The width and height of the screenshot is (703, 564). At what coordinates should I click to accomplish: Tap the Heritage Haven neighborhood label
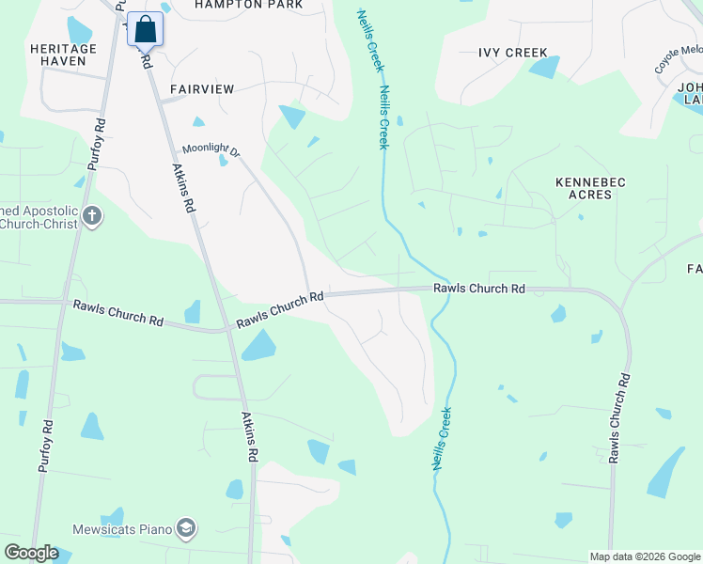tap(63, 55)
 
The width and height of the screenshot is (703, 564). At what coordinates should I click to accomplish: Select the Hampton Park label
tap(248, 5)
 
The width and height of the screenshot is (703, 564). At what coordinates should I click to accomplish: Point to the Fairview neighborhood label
tap(201, 88)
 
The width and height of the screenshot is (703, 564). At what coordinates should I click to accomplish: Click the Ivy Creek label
tap(512, 53)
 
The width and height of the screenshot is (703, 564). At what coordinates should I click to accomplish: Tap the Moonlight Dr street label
tap(211, 149)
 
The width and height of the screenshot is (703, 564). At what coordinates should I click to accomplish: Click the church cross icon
tap(91, 217)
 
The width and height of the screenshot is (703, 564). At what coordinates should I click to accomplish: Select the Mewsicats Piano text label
tap(123, 529)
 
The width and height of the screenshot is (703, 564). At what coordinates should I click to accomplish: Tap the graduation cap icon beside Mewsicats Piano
tap(187, 528)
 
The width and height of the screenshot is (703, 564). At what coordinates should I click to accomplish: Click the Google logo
tap(31, 553)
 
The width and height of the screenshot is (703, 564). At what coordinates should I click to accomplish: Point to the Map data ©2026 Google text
tap(645, 556)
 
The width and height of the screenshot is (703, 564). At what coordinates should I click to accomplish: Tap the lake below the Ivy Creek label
tap(544, 67)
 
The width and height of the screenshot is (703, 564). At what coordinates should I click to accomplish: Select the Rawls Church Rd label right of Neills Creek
tap(478, 290)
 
